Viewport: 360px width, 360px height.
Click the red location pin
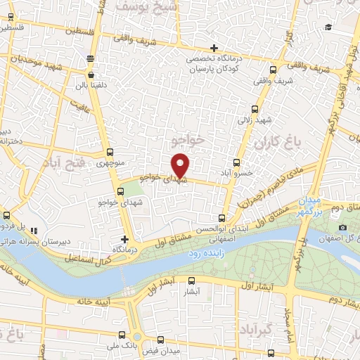(x=181, y=165)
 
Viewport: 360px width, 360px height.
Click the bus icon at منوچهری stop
(x=110, y=152)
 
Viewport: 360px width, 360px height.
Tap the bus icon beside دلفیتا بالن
(x=91, y=74)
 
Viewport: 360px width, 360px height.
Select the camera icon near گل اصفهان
(x=342, y=229)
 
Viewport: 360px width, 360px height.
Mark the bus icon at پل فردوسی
(x=7, y=215)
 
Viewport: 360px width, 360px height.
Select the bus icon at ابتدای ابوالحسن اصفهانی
(x=222, y=218)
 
